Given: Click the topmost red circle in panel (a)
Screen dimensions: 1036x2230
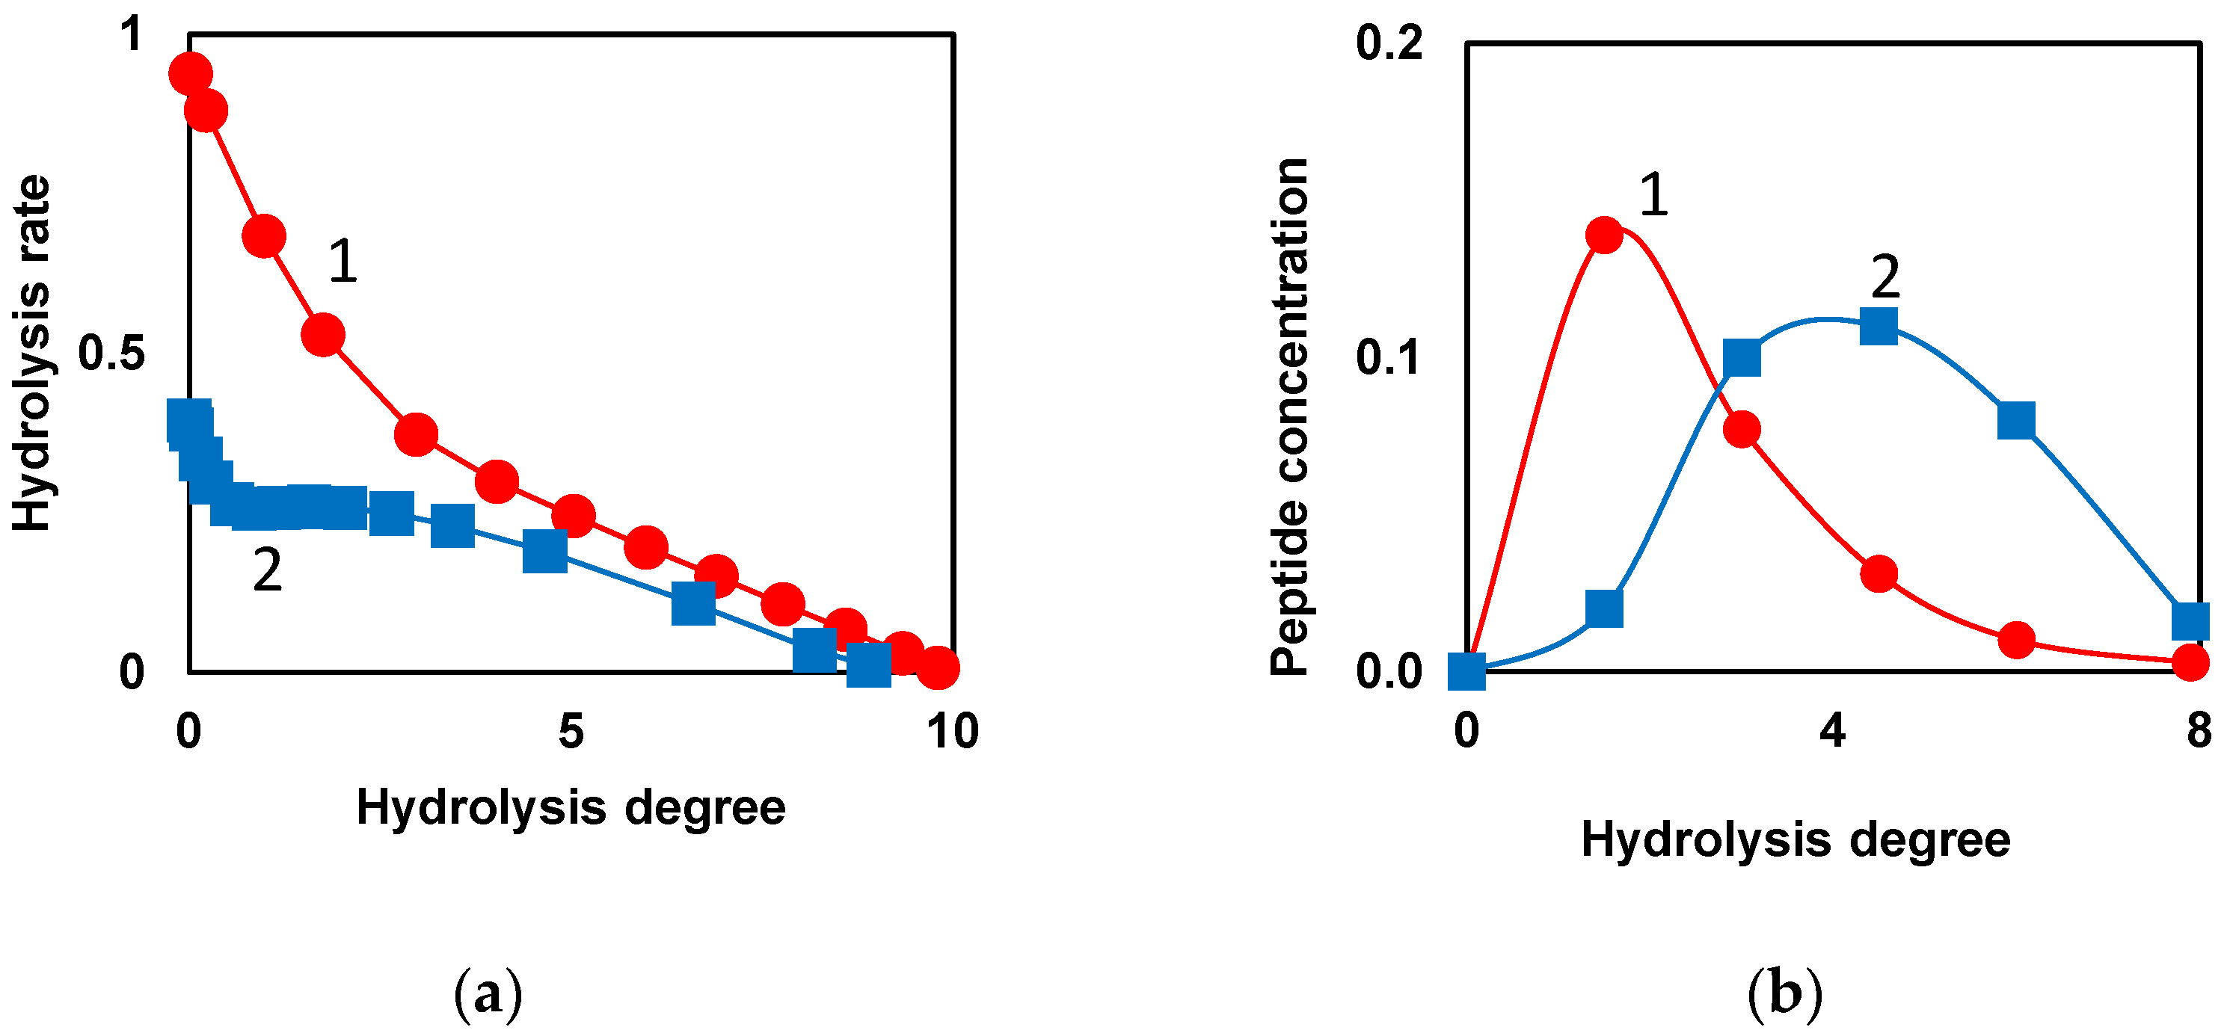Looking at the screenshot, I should [x=190, y=73].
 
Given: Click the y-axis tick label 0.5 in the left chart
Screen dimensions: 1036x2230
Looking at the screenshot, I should [x=111, y=353].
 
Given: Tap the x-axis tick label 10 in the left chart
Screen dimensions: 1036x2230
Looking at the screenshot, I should [x=952, y=731].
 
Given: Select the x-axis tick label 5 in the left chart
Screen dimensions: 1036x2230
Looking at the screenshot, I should [x=571, y=731].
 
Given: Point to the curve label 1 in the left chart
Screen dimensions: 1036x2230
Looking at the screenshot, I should [x=343, y=262].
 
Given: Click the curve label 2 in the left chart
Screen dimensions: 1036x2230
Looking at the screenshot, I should [x=268, y=570].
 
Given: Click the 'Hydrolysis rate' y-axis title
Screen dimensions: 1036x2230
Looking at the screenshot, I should [x=32, y=353].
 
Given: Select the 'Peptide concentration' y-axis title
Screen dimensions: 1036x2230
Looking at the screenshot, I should [x=1289, y=416].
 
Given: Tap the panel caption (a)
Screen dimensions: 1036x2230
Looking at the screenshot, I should [x=488, y=994].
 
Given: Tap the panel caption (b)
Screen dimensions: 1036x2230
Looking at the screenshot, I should [x=1784, y=994].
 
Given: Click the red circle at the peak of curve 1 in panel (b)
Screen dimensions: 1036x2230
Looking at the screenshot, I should [x=1604, y=235].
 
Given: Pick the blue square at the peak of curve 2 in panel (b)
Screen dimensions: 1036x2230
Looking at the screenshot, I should [x=1879, y=327].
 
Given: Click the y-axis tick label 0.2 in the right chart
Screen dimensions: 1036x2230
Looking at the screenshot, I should [x=1389, y=43].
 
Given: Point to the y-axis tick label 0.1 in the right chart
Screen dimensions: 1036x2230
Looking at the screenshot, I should [x=1389, y=357].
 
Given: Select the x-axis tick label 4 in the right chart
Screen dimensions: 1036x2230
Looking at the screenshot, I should [x=1832, y=731].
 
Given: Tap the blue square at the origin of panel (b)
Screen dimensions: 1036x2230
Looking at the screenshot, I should [x=1466, y=670].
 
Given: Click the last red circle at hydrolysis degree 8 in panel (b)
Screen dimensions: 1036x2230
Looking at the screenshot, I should [x=2191, y=663].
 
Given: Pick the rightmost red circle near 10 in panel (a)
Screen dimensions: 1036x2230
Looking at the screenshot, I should [x=938, y=667].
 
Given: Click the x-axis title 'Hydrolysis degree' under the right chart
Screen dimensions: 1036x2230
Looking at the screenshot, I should [x=1796, y=839].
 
